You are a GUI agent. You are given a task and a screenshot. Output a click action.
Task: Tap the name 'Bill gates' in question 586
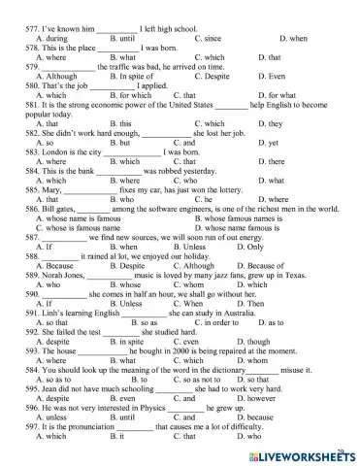click(x=60, y=209)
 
